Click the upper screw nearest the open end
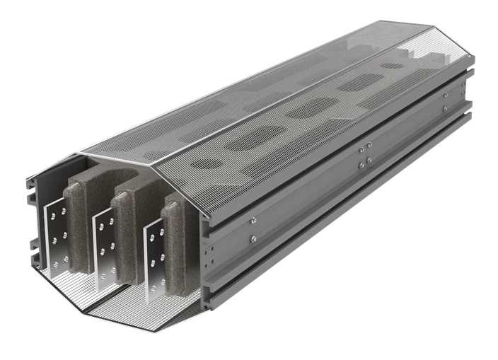point(253,222)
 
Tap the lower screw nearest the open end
point(253,239)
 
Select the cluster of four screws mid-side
point(366,156)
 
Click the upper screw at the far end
point(444,95)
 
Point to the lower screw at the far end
point(444,108)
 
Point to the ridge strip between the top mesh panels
point(269,99)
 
